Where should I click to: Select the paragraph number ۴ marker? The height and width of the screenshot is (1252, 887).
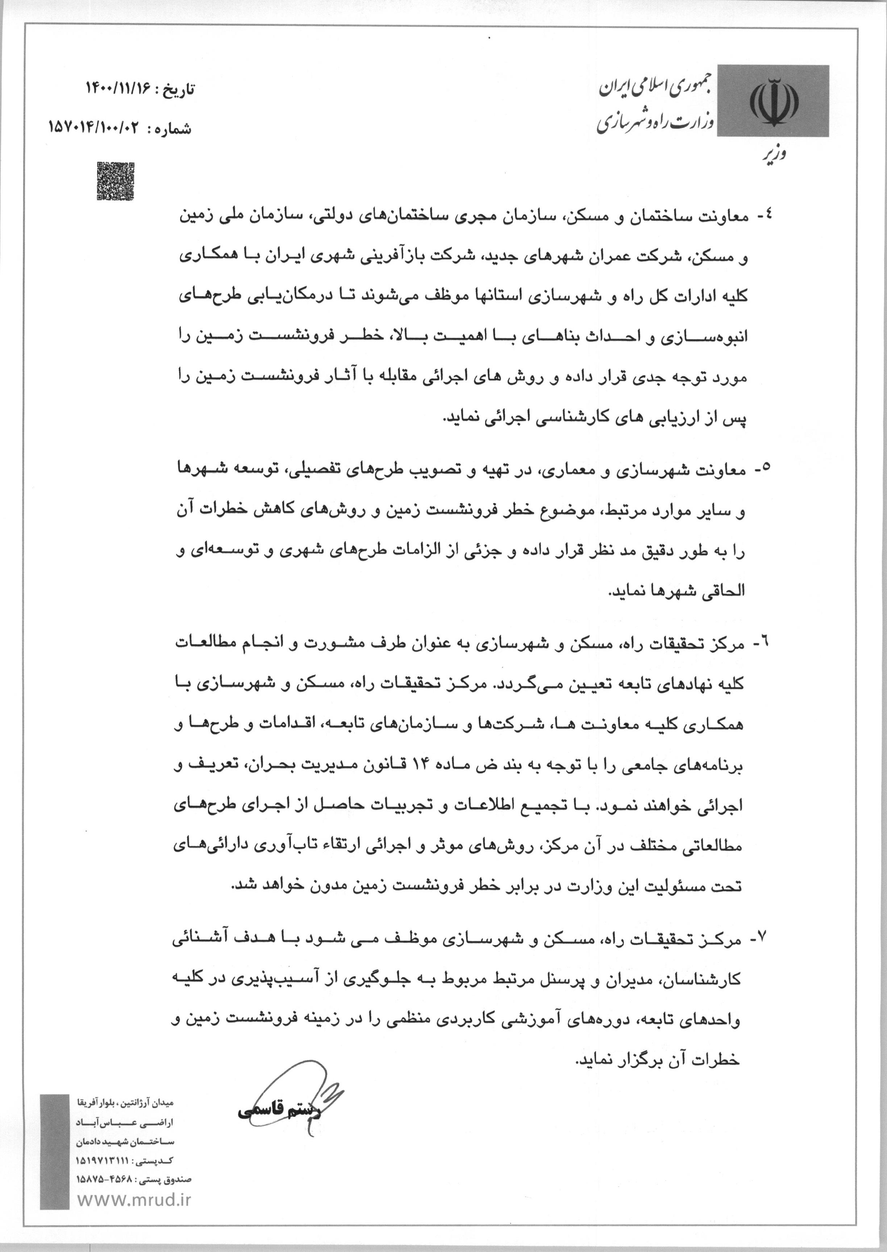click(761, 216)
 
